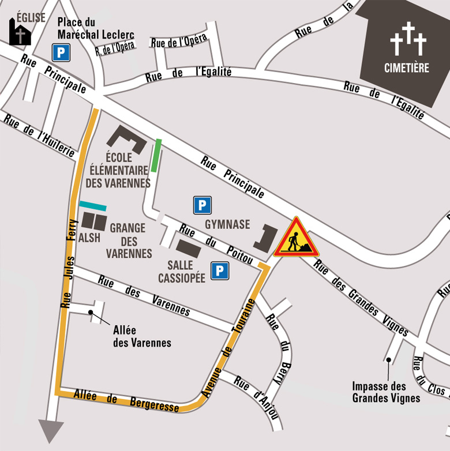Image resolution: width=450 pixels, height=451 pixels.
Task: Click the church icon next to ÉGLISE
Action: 20,32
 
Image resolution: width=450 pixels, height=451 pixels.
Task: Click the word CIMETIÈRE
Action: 407,68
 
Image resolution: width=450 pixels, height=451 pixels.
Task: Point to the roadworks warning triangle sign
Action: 296,239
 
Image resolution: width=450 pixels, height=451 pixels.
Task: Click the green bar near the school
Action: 156,156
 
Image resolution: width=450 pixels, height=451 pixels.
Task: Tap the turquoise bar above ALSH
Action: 93,205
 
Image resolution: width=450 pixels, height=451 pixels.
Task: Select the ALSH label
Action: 89,238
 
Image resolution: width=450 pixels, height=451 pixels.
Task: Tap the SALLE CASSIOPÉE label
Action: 186,272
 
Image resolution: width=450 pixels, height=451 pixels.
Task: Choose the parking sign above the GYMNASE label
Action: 202,205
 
